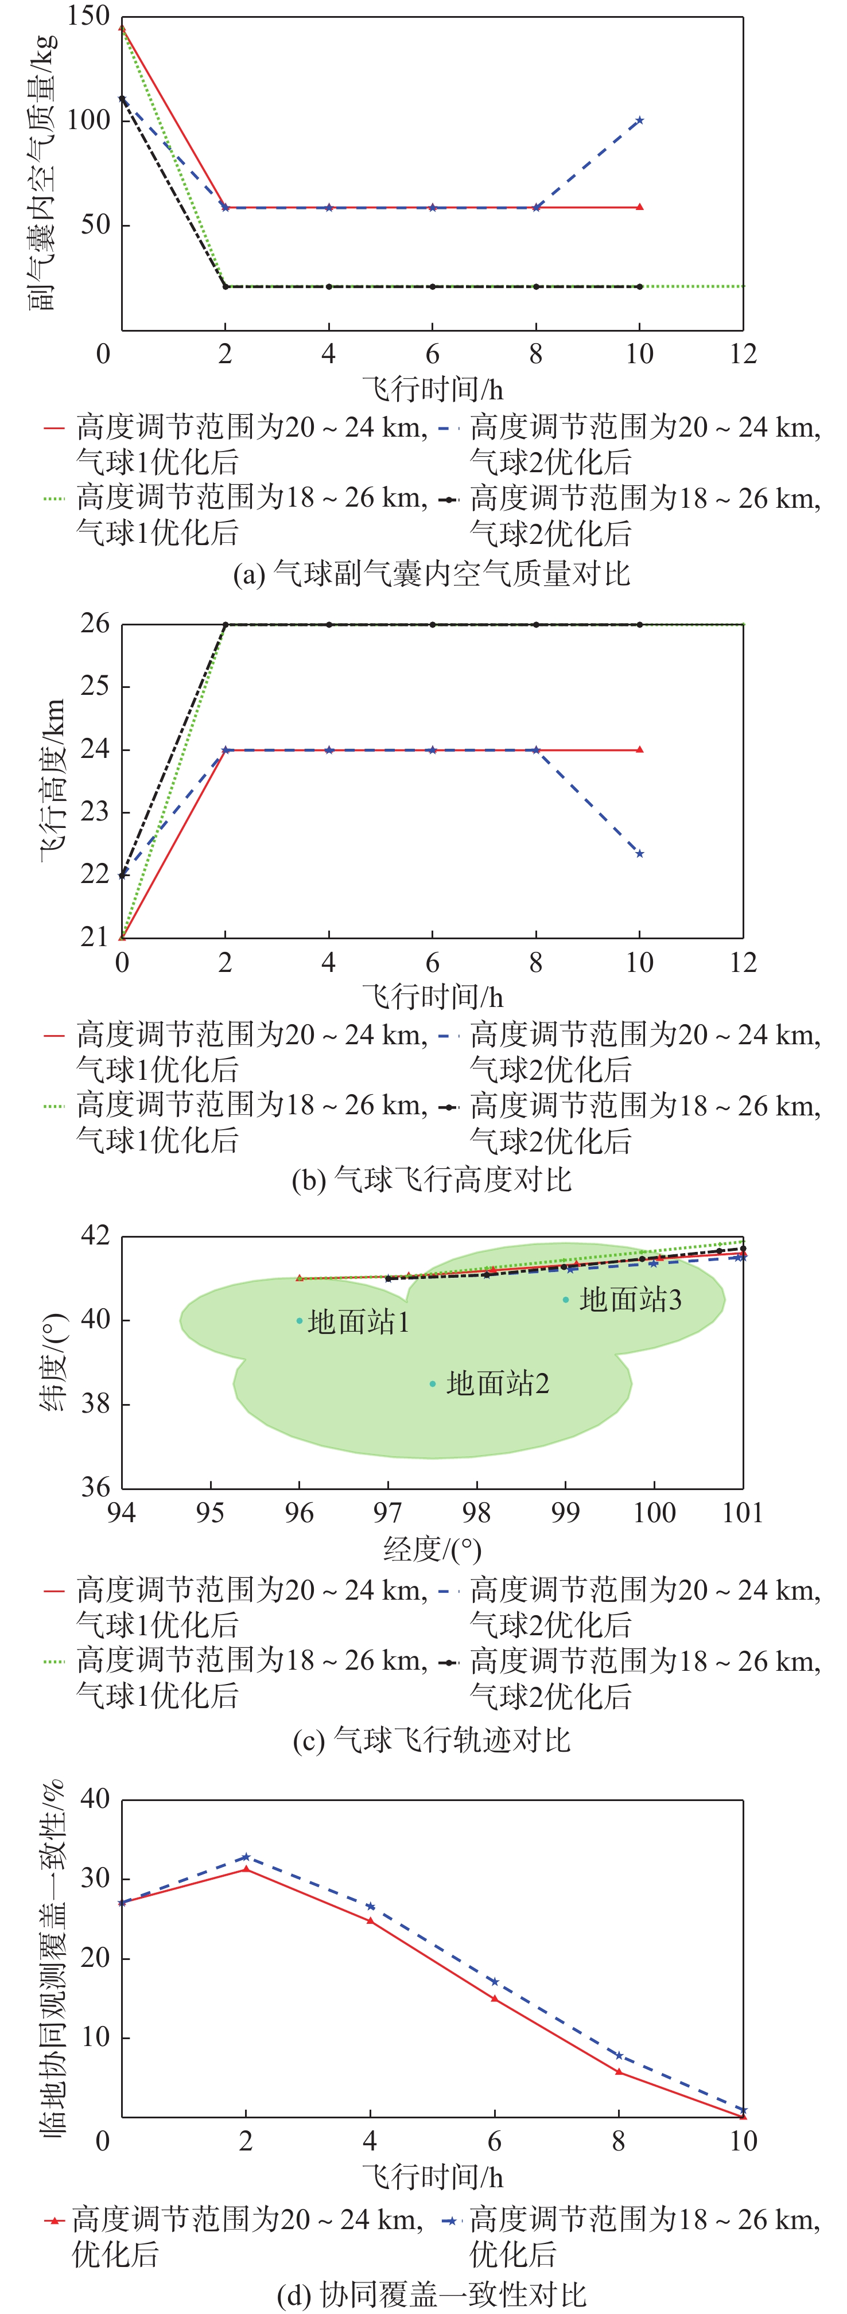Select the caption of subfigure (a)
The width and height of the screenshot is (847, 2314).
[431, 573]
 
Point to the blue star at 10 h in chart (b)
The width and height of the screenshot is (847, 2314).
[639, 853]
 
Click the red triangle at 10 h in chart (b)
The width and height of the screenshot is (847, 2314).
[639, 749]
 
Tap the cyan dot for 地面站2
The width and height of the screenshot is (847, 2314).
[433, 1383]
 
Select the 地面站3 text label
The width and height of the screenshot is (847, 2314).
[631, 1299]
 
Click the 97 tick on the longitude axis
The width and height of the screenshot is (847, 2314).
[388, 1512]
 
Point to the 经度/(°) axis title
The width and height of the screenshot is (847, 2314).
[432, 1549]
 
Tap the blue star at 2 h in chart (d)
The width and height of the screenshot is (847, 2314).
[246, 1856]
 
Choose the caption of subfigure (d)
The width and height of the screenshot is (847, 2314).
[431, 2294]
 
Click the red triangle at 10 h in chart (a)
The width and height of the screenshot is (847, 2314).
[639, 208]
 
